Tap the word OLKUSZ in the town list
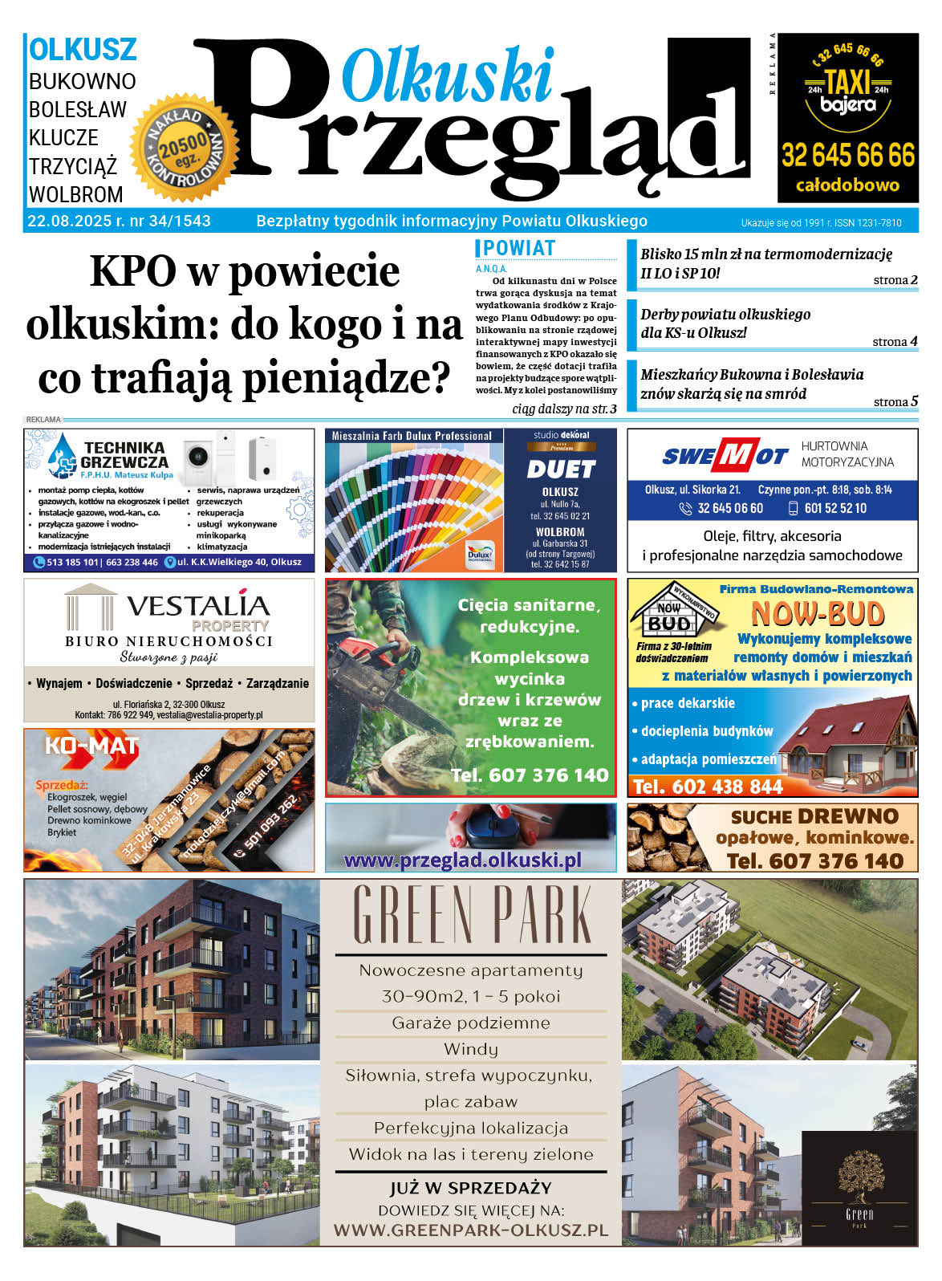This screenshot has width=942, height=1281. [x=83, y=50]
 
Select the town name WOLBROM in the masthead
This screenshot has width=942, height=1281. [x=76, y=194]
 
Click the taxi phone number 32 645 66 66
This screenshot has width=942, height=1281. [x=848, y=155]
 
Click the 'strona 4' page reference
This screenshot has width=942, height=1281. [x=895, y=342]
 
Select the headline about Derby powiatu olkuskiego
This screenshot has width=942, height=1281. [x=725, y=323]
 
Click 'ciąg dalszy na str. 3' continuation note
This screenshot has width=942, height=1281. [x=564, y=409]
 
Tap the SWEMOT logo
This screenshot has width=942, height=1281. [x=725, y=456]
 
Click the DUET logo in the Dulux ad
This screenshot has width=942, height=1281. [x=560, y=469]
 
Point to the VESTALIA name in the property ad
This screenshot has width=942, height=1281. [x=197, y=605]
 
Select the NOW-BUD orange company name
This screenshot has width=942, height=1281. [x=817, y=615]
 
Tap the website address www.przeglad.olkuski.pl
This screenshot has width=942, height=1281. [x=463, y=860]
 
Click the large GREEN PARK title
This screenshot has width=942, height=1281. [x=471, y=915]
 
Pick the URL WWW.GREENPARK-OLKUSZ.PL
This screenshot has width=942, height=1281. [x=471, y=1230]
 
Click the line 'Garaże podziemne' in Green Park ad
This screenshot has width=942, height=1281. [x=471, y=1023]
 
